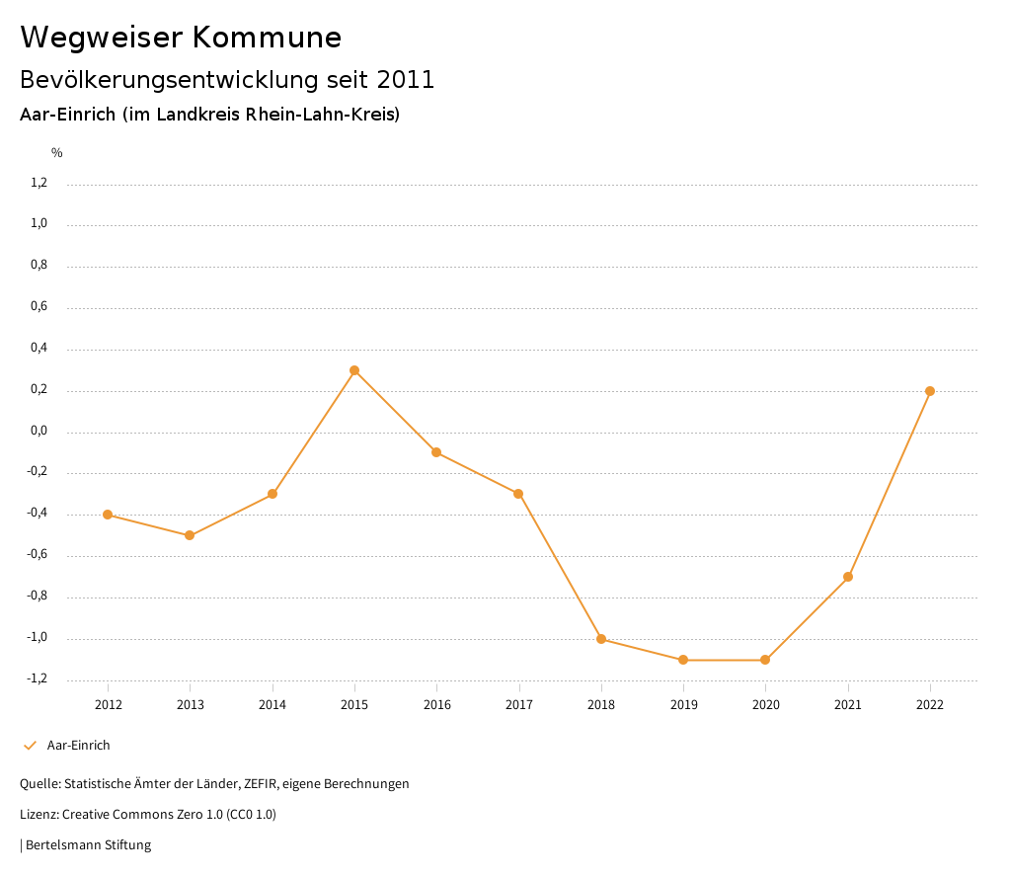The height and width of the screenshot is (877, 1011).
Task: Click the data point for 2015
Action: click(354, 370)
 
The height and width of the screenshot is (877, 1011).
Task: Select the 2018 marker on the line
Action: click(601, 639)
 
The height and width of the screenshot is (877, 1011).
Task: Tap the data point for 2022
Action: click(930, 391)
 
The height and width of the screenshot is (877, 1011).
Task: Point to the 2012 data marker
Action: click(108, 515)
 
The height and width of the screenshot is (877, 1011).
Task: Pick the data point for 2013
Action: click(190, 535)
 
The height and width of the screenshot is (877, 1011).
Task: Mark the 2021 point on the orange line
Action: click(848, 577)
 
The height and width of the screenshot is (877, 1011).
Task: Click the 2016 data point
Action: click(436, 452)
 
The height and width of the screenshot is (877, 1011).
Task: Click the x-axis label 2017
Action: click(519, 704)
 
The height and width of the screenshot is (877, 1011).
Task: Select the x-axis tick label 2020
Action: click(766, 704)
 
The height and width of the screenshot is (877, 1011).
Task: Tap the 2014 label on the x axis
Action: click(272, 704)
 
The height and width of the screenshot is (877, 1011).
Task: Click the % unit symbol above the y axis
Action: click(57, 153)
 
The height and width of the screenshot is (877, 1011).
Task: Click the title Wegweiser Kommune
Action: click(181, 38)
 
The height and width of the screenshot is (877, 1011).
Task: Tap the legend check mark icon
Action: click(30, 746)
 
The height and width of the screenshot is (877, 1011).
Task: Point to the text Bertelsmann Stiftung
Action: click(88, 845)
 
